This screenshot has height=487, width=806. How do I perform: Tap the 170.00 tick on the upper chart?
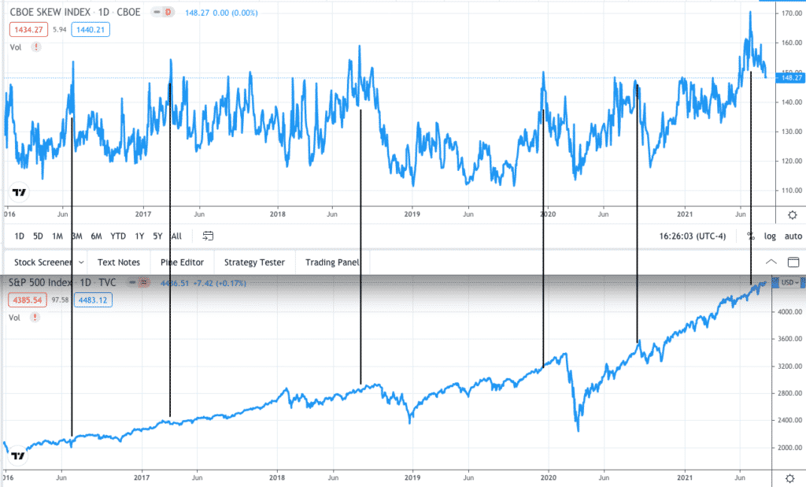788,13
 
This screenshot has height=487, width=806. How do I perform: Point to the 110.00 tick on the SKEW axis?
788,191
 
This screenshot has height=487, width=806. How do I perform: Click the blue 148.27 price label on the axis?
789,78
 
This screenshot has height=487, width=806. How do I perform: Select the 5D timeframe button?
38,236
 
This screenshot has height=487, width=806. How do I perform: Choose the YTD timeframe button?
118,236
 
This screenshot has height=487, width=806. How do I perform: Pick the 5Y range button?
157,236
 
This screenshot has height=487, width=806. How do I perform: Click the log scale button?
770,236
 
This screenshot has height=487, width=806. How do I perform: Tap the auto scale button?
793,236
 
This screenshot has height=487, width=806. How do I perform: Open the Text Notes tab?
118,262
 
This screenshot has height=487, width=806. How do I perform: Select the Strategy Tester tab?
255,262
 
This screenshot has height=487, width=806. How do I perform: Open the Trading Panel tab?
331,262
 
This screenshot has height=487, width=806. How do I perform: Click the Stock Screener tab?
43,262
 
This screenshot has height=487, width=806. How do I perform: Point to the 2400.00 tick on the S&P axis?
788,420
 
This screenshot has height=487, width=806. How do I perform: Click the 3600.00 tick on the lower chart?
788,340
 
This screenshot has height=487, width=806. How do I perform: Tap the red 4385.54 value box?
27,299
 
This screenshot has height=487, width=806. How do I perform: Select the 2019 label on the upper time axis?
412,214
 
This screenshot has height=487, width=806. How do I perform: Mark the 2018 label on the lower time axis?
277,478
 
